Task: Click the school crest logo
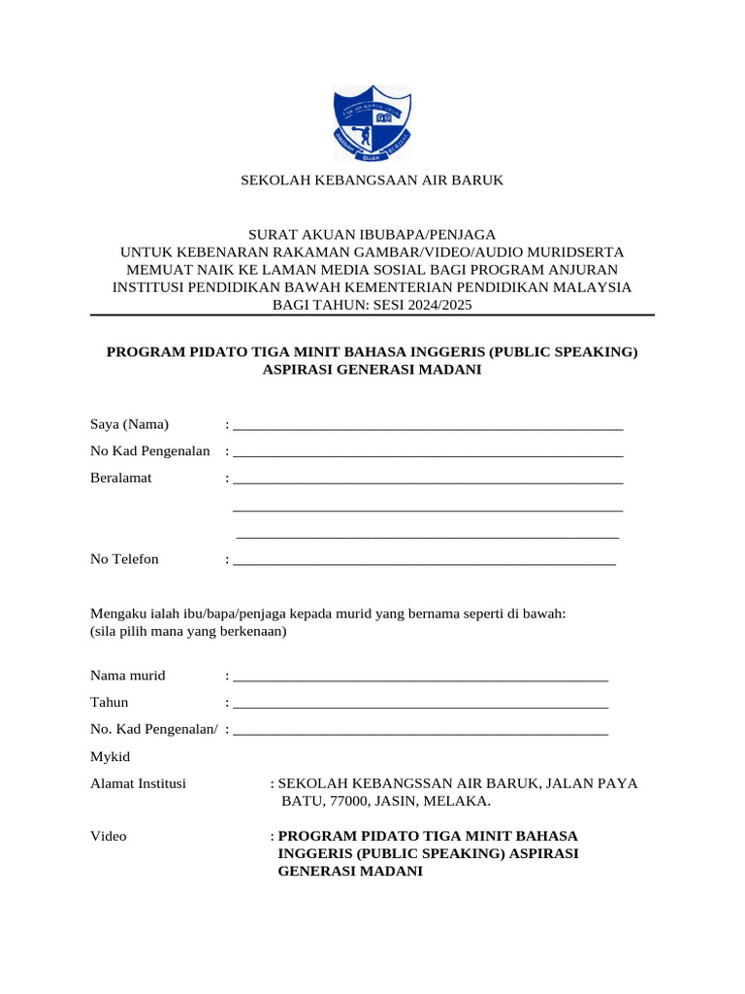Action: click(x=372, y=123)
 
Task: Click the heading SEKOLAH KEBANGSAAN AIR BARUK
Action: click(x=372, y=181)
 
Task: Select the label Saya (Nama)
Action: click(x=129, y=424)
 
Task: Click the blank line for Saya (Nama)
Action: click(x=428, y=426)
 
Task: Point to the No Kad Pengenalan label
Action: click(x=150, y=451)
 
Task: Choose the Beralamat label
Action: click(x=120, y=479)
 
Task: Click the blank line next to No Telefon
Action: click(x=424, y=562)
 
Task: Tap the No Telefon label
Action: click(x=124, y=559)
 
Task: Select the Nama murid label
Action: click(x=128, y=676)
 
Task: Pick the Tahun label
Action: click(x=109, y=703)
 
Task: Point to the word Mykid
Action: click(x=111, y=756)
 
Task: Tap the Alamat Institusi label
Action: click(x=138, y=783)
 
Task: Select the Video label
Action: click(x=108, y=836)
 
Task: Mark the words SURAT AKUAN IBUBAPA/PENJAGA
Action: click(x=372, y=234)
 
